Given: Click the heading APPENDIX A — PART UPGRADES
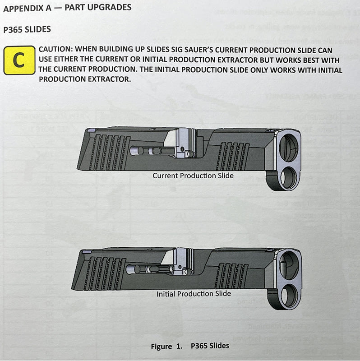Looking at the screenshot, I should (67, 8).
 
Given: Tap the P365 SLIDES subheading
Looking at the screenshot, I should (27, 29).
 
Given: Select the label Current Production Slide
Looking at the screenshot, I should (193, 175).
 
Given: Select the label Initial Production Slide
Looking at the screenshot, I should (194, 294).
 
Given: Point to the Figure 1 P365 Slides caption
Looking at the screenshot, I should (189, 346).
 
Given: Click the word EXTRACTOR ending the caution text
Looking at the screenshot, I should (108, 79).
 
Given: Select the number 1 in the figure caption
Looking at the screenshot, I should (180, 347).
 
